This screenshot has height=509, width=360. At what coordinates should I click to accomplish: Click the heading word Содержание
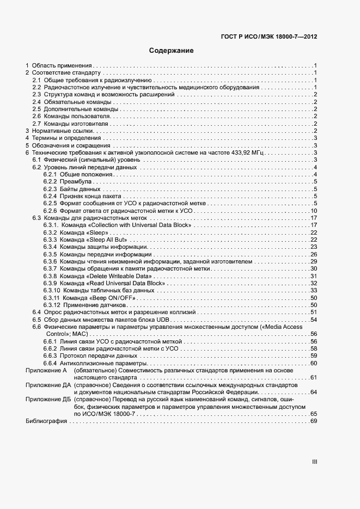point(172,51)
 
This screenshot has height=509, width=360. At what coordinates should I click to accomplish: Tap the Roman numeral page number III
point(314,462)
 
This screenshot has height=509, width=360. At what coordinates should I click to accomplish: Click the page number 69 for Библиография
point(314,421)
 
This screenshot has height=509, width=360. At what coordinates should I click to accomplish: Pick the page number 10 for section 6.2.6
point(314,211)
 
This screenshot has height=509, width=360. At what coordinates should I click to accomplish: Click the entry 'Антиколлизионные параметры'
point(104,363)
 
